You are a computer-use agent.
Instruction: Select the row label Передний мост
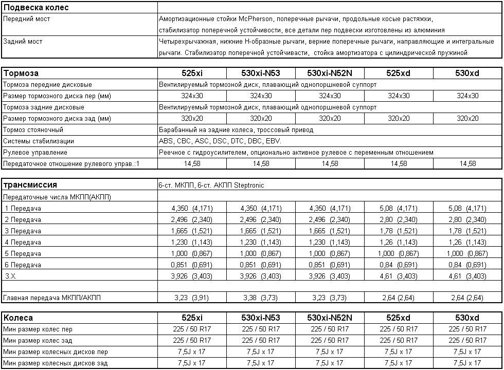coord(27,19)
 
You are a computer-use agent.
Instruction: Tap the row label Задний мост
coord(23,42)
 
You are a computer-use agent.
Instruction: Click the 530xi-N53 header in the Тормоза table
coord(261,73)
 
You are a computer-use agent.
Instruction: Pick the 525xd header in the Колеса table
coord(398,318)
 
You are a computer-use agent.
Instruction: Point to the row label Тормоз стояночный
coord(33,130)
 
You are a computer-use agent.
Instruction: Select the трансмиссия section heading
coord(30,185)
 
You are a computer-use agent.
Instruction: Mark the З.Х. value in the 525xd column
coord(398,276)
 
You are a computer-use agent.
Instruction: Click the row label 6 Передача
coord(23,265)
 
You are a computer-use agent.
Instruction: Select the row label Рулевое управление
coord(35,153)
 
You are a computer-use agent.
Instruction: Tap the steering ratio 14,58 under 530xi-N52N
coord(330,164)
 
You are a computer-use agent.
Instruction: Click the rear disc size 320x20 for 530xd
coord(467,119)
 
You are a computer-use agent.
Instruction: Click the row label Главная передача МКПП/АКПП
coord(52,298)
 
